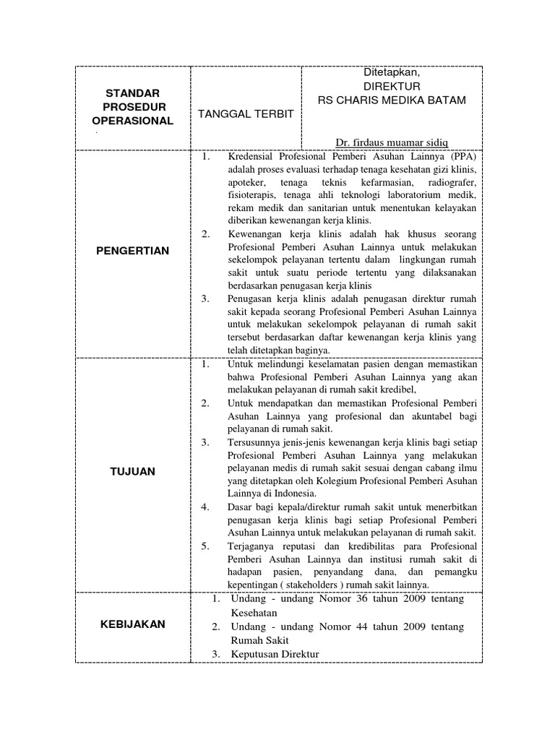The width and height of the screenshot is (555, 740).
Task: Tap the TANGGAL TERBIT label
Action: (x=241, y=115)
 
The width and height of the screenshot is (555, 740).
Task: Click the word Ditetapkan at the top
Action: (x=392, y=72)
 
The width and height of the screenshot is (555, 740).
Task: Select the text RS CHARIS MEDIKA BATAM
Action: (x=392, y=99)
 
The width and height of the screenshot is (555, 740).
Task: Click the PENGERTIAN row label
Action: (x=133, y=251)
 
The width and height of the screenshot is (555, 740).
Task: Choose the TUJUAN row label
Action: (x=133, y=471)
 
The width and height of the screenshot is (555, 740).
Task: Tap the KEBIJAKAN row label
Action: (x=133, y=624)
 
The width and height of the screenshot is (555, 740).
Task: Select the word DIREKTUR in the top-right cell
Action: (x=392, y=85)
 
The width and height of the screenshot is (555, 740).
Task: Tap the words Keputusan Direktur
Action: (x=275, y=654)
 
